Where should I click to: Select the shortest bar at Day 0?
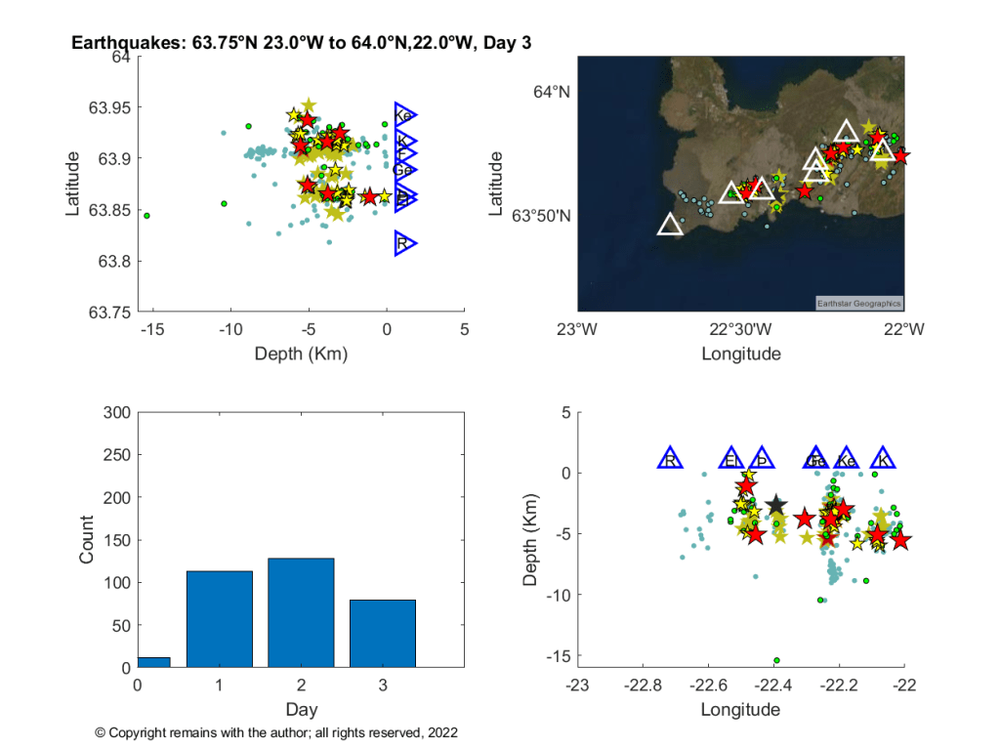click(x=153, y=662)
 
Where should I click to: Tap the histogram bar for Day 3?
click(x=383, y=634)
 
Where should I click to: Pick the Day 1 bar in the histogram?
click(x=219, y=620)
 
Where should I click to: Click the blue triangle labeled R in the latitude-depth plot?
click(x=404, y=243)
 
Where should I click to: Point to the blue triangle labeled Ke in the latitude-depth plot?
click(x=404, y=115)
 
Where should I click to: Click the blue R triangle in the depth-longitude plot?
click(x=670, y=459)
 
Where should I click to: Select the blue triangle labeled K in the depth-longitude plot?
click(x=883, y=459)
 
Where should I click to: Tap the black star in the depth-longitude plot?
click(x=776, y=505)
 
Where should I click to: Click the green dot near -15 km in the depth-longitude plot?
click(x=776, y=660)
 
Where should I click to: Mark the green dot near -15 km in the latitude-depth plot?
click(x=146, y=215)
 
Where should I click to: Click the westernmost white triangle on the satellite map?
click(x=670, y=225)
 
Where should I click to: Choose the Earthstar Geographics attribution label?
click(x=859, y=303)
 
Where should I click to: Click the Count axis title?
click(x=87, y=539)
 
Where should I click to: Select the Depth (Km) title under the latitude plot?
click(x=301, y=353)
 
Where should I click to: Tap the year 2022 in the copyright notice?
click(x=442, y=731)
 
